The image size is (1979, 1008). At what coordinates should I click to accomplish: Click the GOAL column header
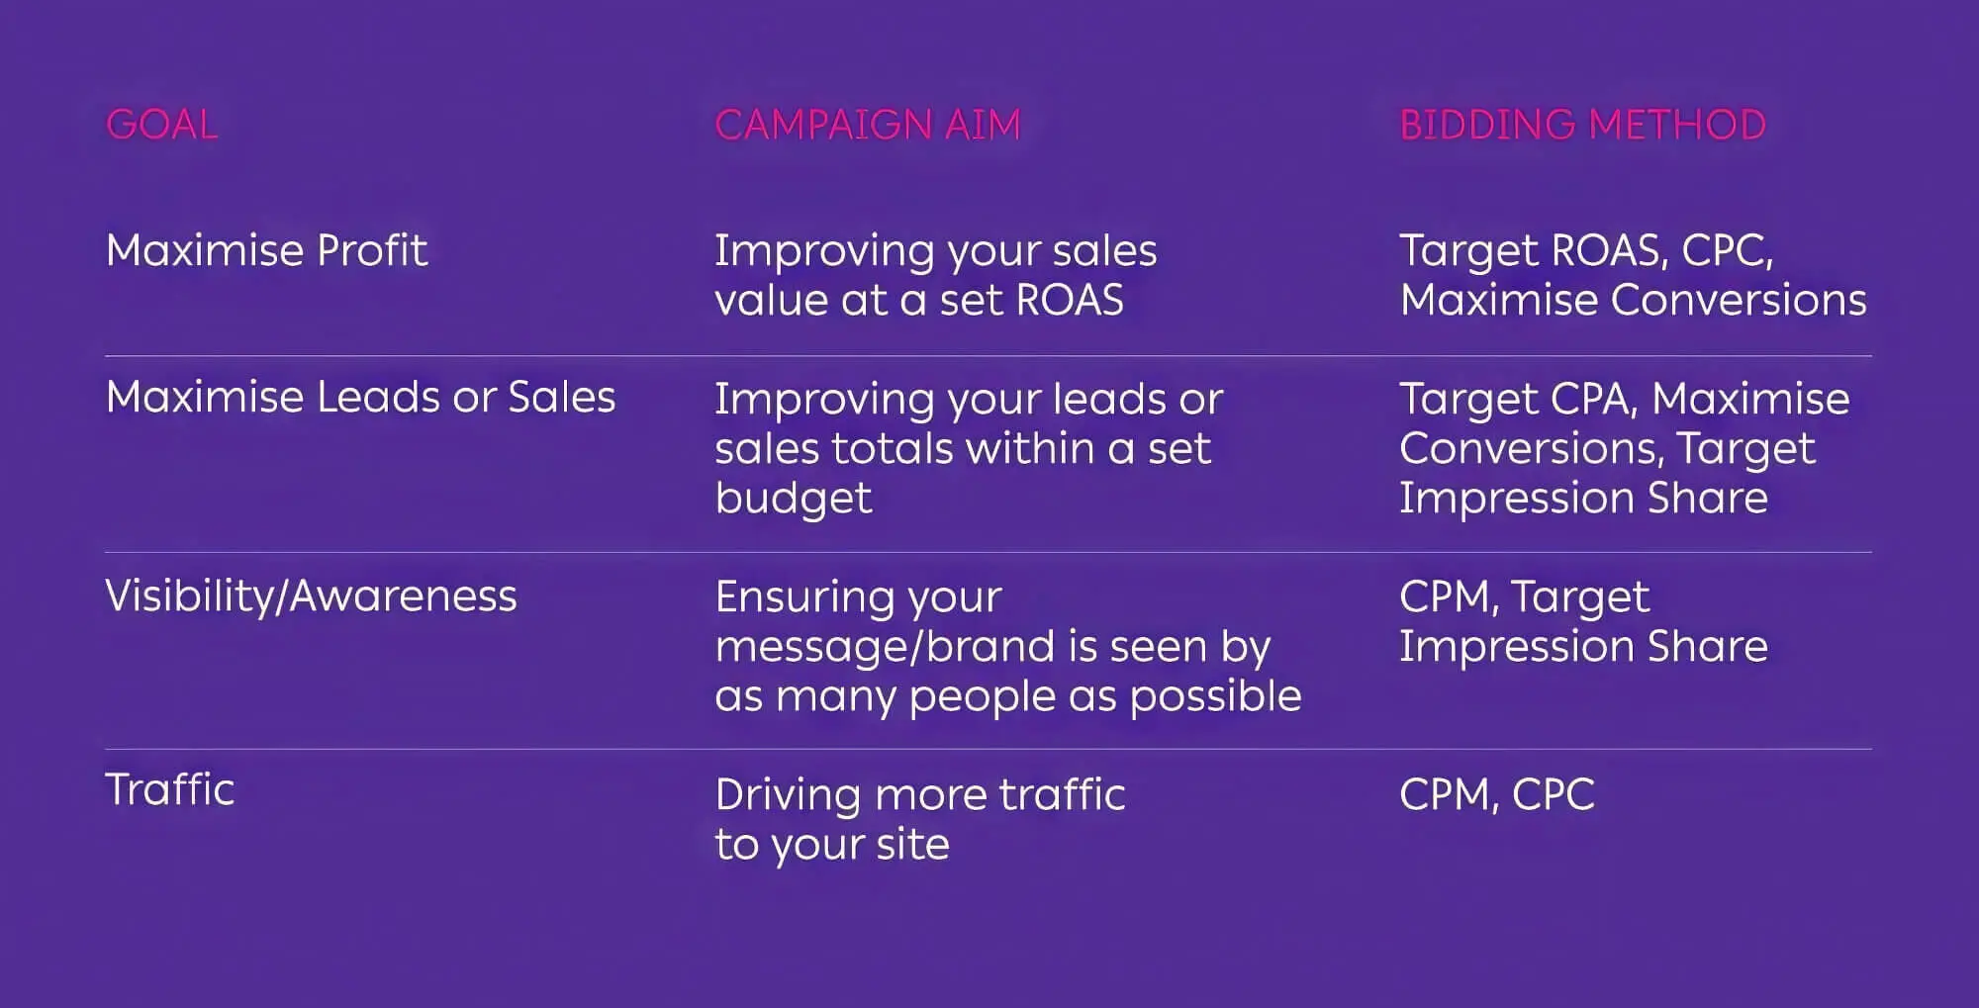tap(161, 125)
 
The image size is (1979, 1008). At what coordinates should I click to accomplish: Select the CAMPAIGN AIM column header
tap(867, 125)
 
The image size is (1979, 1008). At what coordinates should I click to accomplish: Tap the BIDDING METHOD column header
tap(1582, 125)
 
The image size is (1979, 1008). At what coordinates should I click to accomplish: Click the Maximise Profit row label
tap(266, 250)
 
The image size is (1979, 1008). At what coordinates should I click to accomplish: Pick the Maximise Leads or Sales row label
tap(360, 398)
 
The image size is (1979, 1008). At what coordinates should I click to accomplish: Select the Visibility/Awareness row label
tap(311, 596)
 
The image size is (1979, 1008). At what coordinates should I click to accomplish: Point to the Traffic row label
tap(169, 789)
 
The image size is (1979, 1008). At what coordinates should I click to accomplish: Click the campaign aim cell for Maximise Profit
tap(935, 275)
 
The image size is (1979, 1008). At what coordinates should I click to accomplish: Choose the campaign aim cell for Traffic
tap(919, 819)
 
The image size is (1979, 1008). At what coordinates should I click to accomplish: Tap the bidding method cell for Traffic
tap(1496, 794)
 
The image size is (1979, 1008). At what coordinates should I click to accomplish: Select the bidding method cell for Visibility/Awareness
tap(1582, 621)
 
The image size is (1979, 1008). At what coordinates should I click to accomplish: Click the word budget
tap(793, 499)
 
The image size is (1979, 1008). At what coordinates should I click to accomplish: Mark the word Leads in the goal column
tap(377, 398)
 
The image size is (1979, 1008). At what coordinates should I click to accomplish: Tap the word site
tap(912, 845)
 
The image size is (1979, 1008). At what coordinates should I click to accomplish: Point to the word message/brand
tap(886, 647)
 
